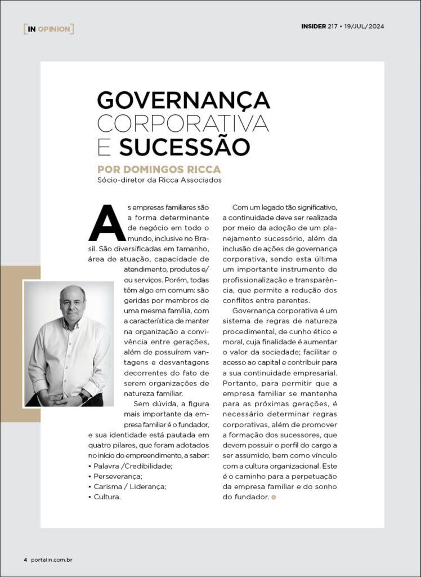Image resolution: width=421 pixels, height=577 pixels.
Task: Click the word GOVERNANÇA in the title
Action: click(x=183, y=100)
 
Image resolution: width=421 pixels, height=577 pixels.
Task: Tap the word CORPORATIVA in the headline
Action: click(x=183, y=123)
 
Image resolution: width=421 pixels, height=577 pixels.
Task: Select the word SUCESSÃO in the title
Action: click(x=185, y=147)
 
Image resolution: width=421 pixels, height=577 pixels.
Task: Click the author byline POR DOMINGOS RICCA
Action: click(x=159, y=169)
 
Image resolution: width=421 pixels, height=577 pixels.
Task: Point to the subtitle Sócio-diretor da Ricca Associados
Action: click(x=160, y=180)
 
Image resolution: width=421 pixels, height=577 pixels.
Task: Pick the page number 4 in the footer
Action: click(x=25, y=560)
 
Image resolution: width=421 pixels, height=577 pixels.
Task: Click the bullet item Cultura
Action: click(x=108, y=497)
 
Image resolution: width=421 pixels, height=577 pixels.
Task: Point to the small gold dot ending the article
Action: click(x=274, y=497)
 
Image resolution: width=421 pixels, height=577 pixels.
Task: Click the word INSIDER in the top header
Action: click(x=313, y=26)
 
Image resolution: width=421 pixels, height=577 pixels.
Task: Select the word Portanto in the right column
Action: click(x=240, y=384)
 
